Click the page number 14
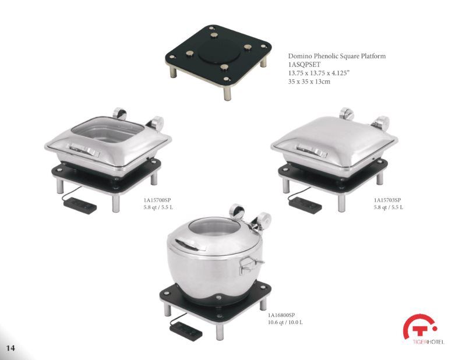pyautogui.click(x=10, y=348)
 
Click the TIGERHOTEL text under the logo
pyautogui.click(x=423, y=342)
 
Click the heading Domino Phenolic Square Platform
pyautogui.click(x=337, y=57)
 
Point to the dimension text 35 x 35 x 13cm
pyautogui.click(x=309, y=82)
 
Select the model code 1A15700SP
pyautogui.click(x=158, y=200)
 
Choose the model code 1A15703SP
pyautogui.click(x=387, y=200)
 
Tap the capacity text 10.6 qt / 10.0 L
pyautogui.click(x=285, y=322)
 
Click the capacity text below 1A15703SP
pyautogui.click(x=388, y=207)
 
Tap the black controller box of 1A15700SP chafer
pyautogui.click(x=79, y=204)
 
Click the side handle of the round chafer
pyautogui.click(x=249, y=264)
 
